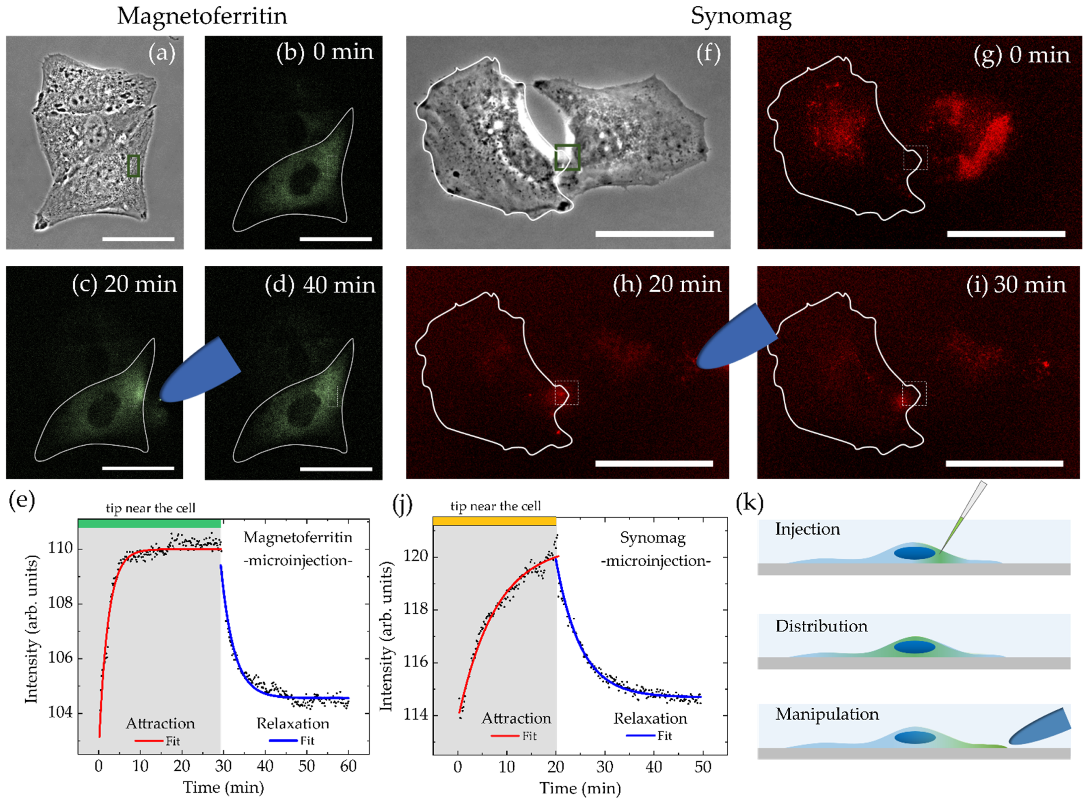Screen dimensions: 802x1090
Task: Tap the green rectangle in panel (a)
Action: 134,166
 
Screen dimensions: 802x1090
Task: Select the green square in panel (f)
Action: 567,157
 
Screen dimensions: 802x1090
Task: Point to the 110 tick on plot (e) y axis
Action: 60,549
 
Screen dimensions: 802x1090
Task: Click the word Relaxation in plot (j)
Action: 650,719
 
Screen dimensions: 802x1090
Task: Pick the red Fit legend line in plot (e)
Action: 148,741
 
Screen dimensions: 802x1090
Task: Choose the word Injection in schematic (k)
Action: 807,529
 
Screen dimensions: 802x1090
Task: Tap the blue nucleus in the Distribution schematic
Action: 914,647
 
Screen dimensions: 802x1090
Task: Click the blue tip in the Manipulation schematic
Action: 1039,727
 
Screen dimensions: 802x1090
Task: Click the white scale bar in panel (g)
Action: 1006,234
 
